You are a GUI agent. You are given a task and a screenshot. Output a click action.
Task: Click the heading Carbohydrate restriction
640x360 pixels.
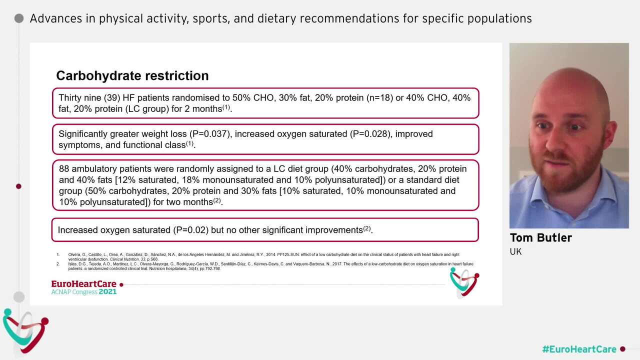[x=132, y=75]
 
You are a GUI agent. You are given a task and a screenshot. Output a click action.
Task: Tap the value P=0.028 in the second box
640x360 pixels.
[x=364, y=134]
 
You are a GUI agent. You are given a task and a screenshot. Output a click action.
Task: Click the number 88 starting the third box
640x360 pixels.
[x=64, y=169]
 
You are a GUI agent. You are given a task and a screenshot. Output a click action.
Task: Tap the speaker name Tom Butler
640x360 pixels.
[x=540, y=238]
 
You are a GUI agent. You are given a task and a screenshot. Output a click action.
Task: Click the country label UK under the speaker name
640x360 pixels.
[x=515, y=251]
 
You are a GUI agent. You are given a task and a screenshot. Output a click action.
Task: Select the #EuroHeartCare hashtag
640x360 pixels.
[x=579, y=349]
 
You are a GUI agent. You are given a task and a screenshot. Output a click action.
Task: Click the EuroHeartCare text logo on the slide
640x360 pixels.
[x=83, y=284]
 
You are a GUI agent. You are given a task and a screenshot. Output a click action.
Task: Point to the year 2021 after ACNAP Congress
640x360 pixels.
[x=107, y=291]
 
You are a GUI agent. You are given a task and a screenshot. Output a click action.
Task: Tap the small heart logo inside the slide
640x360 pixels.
[x=464, y=282]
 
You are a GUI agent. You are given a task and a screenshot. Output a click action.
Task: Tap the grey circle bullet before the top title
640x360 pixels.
[x=19, y=18]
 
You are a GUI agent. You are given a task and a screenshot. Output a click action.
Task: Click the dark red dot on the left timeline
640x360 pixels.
[x=18, y=186]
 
